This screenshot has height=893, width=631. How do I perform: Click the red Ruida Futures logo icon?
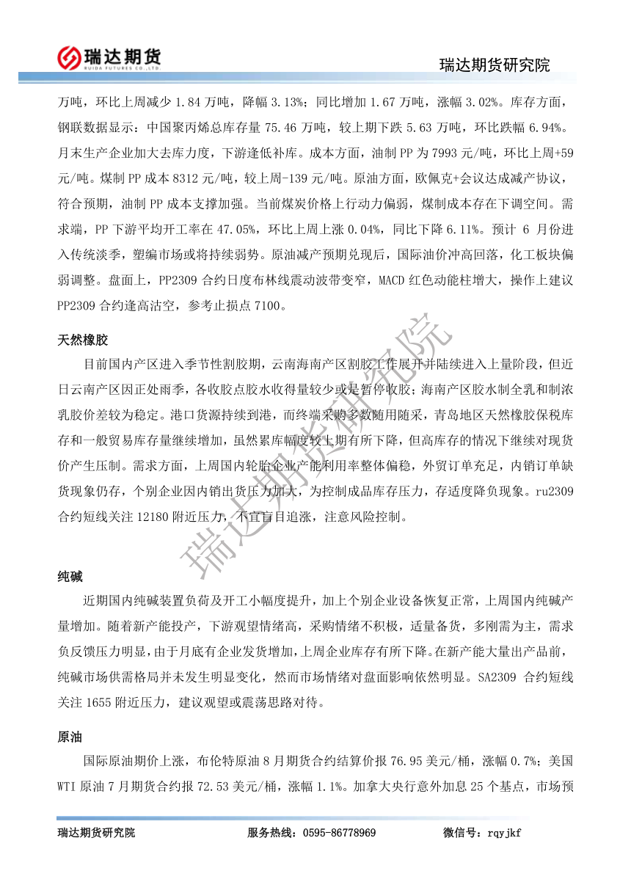point(69,57)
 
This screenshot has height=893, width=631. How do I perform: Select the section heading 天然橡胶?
point(83,340)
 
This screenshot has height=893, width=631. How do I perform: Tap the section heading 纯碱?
point(70,577)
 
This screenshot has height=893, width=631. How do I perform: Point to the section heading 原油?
point(70,736)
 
